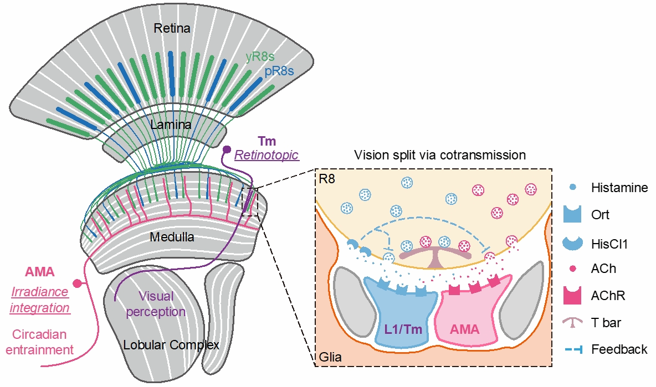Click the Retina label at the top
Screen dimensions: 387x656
click(x=171, y=28)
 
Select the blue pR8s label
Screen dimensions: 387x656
click(x=279, y=71)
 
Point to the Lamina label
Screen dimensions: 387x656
click(x=171, y=125)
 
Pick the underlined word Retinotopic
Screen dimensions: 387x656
click(x=266, y=156)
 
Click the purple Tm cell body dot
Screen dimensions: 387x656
click(x=227, y=149)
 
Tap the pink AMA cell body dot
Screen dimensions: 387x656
click(x=78, y=283)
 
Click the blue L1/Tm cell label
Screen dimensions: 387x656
click(x=403, y=329)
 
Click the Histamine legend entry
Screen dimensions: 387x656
click(x=619, y=188)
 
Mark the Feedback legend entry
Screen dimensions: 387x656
click(x=619, y=349)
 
